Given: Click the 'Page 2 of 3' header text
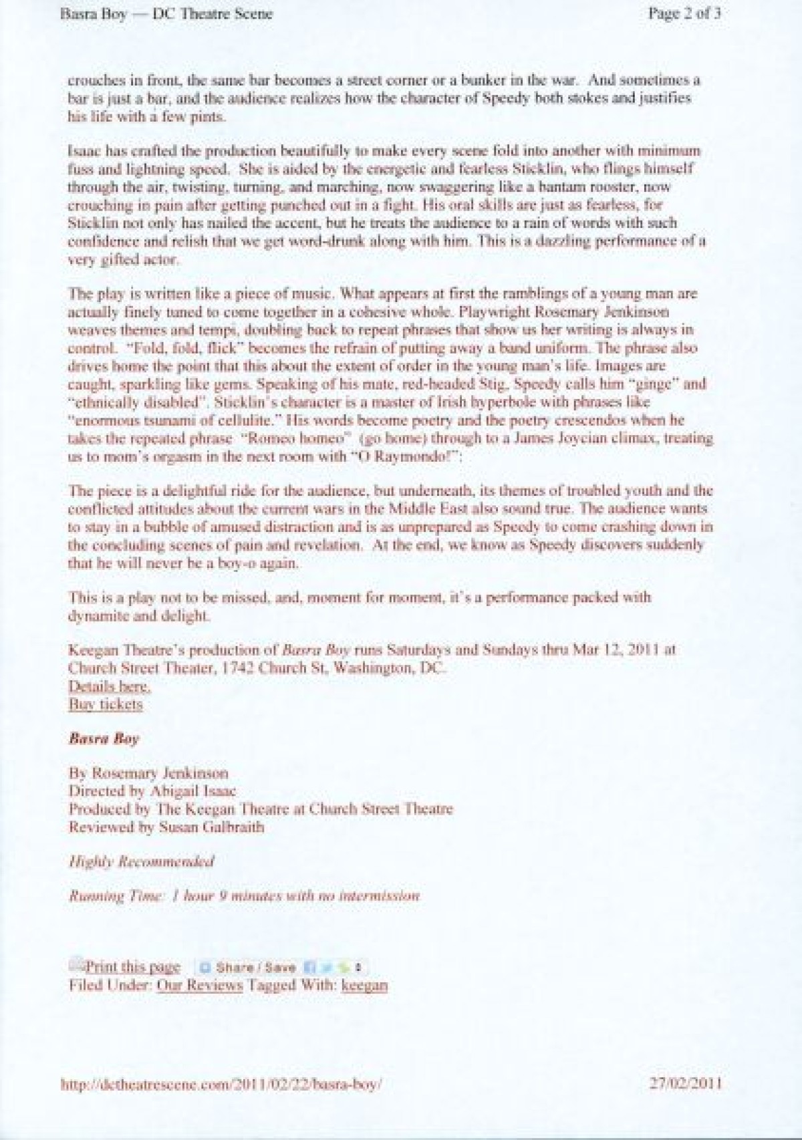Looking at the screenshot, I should (684, 14).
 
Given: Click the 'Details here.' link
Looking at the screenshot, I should (109, 686).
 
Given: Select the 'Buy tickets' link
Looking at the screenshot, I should (106, 704).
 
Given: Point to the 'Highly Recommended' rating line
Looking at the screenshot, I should (141, 861).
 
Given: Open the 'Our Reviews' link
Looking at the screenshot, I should (199, 985).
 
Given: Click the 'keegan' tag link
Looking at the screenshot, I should (364, 985).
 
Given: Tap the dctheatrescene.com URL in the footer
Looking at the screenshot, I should (221, 1084).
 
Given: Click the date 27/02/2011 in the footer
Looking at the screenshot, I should (685, 1083).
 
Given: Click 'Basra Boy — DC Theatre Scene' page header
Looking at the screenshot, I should (166, 14).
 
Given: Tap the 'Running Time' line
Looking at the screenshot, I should (244, 896).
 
